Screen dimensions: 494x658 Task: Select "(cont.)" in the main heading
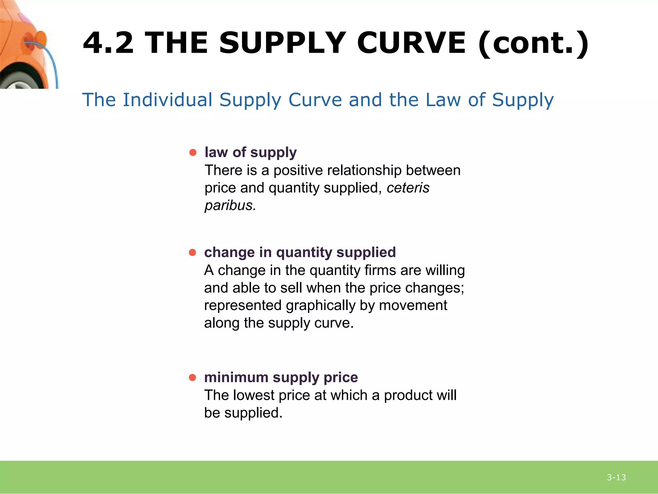pos(533,43)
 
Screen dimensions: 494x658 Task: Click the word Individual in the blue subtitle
pos(167,100)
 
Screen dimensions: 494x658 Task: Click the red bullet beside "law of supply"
pos(193,152)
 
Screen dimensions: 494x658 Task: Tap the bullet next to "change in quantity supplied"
pos(192,252)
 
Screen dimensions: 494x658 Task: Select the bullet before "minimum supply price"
pos(192,377)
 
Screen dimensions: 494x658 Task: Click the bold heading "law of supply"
pos(251,152)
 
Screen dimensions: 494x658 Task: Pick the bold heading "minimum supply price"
pos(281,377)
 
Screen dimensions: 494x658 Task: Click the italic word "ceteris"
pos(408,188)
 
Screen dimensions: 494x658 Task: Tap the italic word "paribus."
pos(230,206)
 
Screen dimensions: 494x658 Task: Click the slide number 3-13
pos(616,477)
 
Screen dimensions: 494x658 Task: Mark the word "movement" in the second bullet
pos(413,306)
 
